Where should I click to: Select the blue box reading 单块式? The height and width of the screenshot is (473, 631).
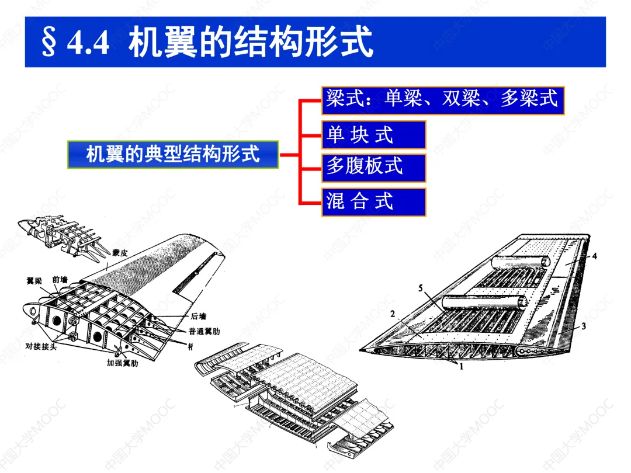pyautogui.click(x=373, y=135)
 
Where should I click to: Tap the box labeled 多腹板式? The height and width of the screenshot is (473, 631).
pyautogui.click(x=373, y=168)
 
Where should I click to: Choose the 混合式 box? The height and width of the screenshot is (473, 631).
pyautogui.click(x=373, y=201)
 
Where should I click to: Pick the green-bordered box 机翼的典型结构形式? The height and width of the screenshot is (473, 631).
pyautogui.click(x=173, y=155)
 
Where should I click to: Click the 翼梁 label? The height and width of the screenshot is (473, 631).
pyautogui.click(x=34, y=281)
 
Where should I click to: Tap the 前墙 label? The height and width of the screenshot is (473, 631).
pyautogui.click(x=60, y=280)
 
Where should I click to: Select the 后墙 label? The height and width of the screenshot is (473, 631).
pyautogui.click(x=198, y=317)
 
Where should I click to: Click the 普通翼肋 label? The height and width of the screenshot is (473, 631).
pyautogui.click(x=204, y=332)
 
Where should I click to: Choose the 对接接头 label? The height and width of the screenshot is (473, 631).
pyautogui.click(x=41, y=346)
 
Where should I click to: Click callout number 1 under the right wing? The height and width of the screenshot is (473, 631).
pyautogui.click(x=461, y=367)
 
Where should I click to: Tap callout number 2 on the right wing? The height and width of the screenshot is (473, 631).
pyautogui.click(x=393, y=314)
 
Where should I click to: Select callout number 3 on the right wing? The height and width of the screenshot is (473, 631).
pyautogui.click(x=583, y=327)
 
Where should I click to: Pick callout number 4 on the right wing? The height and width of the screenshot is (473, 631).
pyautogui.click(x=594, y=256)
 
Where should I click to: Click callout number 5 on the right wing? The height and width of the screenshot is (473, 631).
pyautogui.click(x=421, y=287)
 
